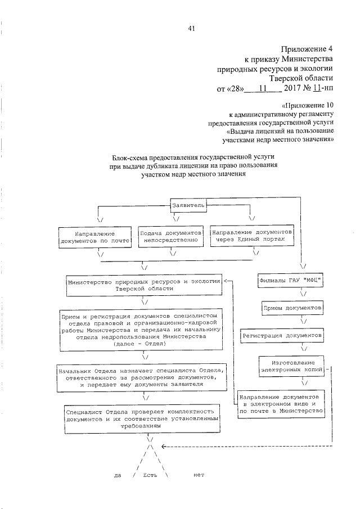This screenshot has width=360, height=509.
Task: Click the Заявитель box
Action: [190, 206]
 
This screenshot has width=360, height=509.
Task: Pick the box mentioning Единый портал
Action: [251, 235]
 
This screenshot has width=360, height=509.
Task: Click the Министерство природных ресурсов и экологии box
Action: [142, 284]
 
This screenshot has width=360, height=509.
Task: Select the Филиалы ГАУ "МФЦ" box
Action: [292, 280]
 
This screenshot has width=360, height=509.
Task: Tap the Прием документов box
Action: [292, 308]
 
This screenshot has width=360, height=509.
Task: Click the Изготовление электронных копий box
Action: [292, 366]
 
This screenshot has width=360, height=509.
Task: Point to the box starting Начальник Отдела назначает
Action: [144, 377]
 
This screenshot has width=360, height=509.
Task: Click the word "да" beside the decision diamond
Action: [118, 475]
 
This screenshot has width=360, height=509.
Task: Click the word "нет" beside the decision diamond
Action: [198, 475]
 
